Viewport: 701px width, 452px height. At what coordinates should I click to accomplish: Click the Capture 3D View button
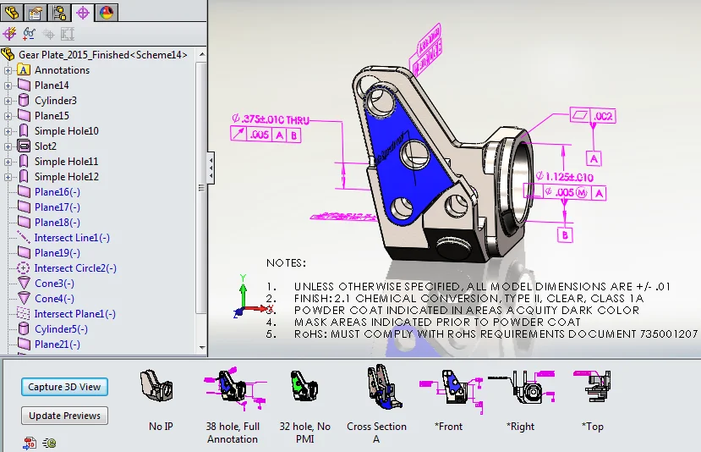[64, 387]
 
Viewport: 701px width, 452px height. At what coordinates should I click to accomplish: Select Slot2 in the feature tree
[46, 146]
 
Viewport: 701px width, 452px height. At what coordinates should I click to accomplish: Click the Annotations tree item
[62, 70]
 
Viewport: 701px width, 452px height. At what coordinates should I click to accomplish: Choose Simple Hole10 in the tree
[66, 131]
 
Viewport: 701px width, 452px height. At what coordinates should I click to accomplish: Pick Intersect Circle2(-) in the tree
[75, 268]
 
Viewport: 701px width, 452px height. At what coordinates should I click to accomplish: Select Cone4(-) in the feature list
[54, 299]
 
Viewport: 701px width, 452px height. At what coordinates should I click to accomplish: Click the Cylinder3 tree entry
[56, 101]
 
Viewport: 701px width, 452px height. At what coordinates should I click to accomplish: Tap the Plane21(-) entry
[58, 345]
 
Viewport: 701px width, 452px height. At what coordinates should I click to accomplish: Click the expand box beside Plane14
[8, 85]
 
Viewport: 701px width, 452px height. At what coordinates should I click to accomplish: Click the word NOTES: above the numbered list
[286, 263]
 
